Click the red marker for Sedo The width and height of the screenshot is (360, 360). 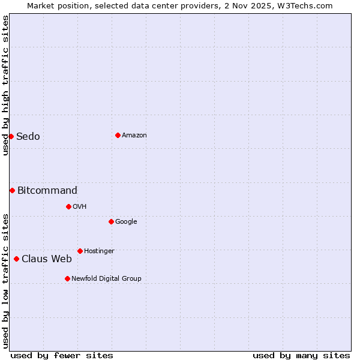[x=11, y=136]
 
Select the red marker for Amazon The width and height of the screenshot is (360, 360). [x=118, y=135]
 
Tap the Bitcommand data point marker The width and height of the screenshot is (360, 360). [x=12, y=190]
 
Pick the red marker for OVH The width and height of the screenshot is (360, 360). [x=68, y=206]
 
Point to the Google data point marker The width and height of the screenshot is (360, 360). [x=111, y=221]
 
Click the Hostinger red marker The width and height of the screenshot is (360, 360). [x=80, y=251]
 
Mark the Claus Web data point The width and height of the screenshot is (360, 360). [x=16, y=259]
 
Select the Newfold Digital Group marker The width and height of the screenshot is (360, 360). [x=67, y=278]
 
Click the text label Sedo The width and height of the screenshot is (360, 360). [x=28, y=136]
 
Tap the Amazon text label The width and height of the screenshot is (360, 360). [x=134, y=135]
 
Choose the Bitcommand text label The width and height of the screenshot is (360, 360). [x=47, y=190]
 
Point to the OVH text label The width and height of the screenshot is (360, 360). [x=80, y=206]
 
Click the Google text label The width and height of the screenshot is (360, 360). [x=126, y=221]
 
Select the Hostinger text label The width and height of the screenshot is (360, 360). [x=99, y=251]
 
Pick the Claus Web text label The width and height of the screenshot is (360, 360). [x=47, y=259]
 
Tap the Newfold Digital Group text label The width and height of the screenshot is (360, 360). [x=106, y=278]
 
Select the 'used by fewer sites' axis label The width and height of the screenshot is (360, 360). [x=62, y=355]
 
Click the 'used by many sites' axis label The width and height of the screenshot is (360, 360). [x=301, y=355]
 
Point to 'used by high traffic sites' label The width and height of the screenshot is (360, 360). [x=5, y=85]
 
